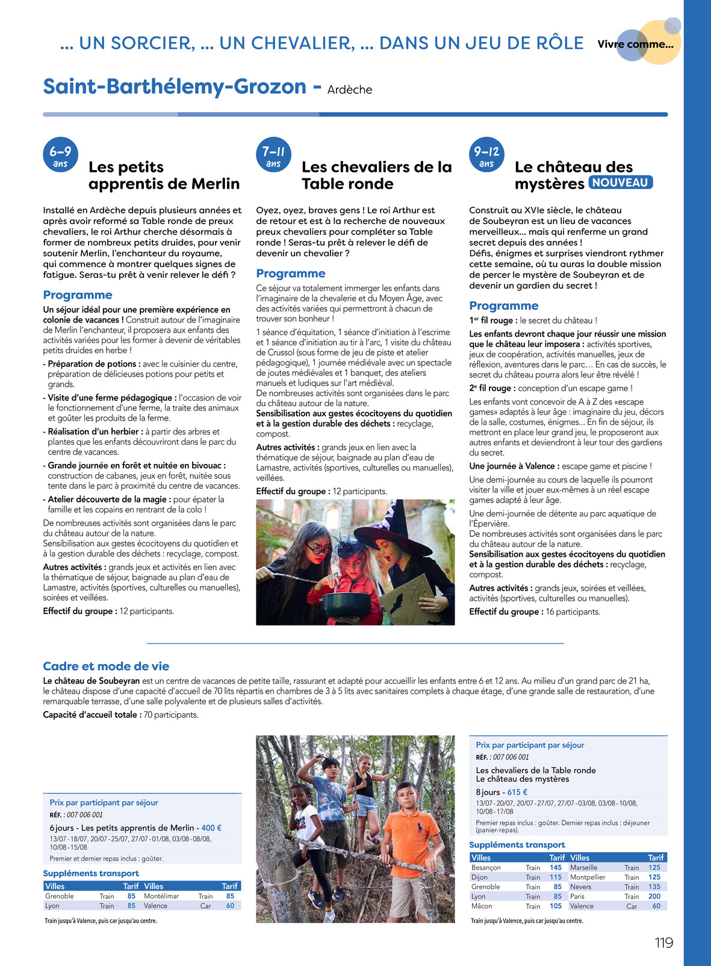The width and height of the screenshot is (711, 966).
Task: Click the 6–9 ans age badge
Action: tap(60, 155)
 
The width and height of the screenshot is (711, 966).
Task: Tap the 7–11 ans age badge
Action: tap(273, 155)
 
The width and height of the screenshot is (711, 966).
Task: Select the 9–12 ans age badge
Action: tap(486, 155)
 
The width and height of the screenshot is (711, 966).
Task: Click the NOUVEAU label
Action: tap(620, 183)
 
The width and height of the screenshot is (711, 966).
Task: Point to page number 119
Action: tap(663, 942)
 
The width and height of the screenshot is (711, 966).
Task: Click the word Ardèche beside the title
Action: tap(350, 90)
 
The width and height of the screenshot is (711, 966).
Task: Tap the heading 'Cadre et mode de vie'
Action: tap(106, 666)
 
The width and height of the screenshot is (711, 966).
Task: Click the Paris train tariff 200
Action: tap(654, 896)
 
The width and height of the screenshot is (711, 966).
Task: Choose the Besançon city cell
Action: tap(486, 868)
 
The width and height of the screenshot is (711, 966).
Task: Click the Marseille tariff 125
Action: tap(654, 868)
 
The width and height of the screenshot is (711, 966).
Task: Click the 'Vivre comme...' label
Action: tap(635, 44)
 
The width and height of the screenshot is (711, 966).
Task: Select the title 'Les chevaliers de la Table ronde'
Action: tap(376, 175)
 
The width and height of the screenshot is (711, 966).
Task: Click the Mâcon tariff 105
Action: tap(555, 906)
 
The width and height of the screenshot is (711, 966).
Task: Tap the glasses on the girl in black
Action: tap(316, 549)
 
